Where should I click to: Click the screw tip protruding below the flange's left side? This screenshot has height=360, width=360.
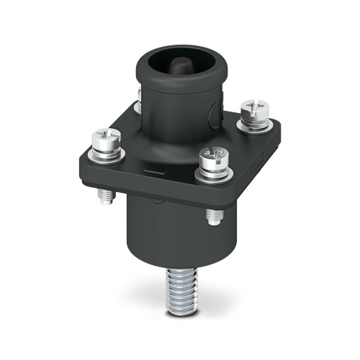(x=106, y=195)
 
